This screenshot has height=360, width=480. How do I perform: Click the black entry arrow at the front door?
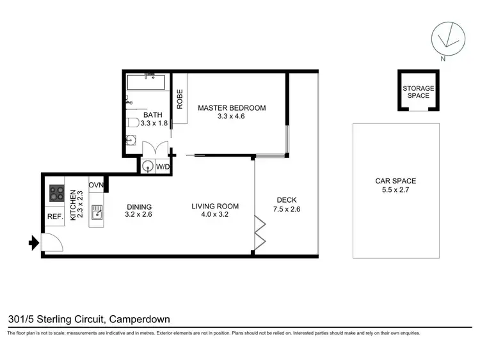coord(33,242)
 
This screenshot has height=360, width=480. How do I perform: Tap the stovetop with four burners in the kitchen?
coord(56,193)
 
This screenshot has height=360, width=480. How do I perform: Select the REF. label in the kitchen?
coord(55,217)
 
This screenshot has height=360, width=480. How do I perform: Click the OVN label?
coord(96,185)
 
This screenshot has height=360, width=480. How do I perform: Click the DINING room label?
coord(139,207)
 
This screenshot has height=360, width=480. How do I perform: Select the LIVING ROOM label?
coord(215,206)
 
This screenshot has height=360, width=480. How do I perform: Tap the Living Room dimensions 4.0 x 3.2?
coord(215,215)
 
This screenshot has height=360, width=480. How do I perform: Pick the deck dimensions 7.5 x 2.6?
coord(286,208)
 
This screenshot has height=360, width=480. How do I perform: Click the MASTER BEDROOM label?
coord(231,107)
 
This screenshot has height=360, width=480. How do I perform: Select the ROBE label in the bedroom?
coord(180,99)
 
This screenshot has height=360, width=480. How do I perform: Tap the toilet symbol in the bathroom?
coord(133,122)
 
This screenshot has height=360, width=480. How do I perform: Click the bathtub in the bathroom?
coord(146,82)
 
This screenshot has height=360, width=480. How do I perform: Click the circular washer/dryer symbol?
coord(149,166)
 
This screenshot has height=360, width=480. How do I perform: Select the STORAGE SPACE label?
coord(418,92)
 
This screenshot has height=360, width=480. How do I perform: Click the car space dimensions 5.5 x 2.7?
coord(396,190)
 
